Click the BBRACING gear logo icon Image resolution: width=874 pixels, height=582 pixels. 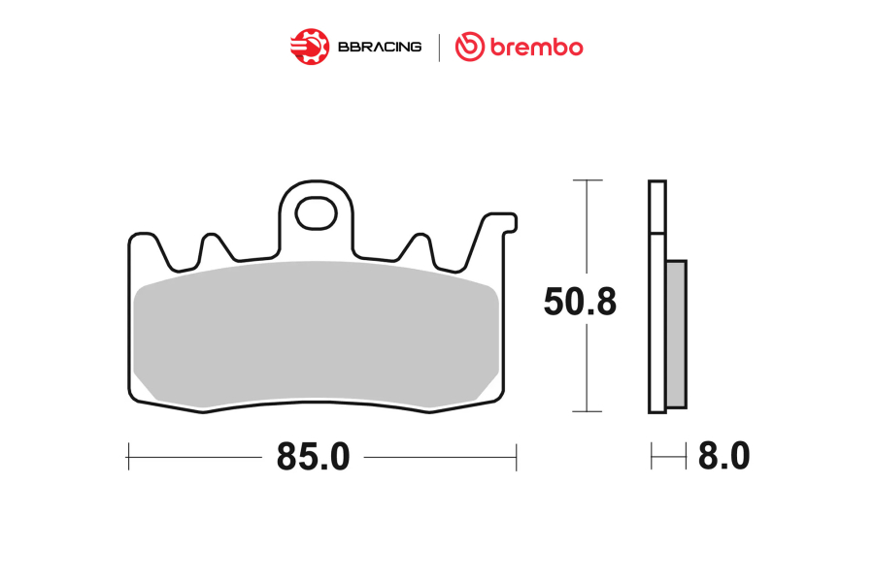(x=310, y=47)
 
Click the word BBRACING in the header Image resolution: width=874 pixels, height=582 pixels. (x=380, y=47)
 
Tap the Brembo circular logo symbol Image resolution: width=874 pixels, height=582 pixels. (x=470, y=47)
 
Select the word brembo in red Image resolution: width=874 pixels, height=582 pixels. (x=537, y=47)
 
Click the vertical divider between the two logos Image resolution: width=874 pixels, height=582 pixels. (x=439, y=48)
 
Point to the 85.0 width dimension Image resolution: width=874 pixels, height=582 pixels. (x=314, y=457)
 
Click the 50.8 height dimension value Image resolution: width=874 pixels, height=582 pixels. (x=581, y=302)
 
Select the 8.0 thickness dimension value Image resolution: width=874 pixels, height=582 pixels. (x=724, y=457)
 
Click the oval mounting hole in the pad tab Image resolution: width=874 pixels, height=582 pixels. (x=316, y=212)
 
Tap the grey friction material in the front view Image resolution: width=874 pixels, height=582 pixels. (x=316, y=334)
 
